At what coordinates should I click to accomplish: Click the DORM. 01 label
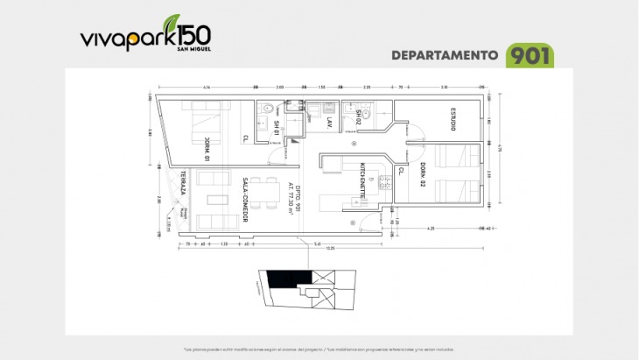click(206, 150)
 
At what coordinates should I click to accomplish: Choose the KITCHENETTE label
click(362, 180)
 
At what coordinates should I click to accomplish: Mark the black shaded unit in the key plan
click(282, 279)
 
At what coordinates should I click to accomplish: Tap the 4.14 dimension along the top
click(206, 88)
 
